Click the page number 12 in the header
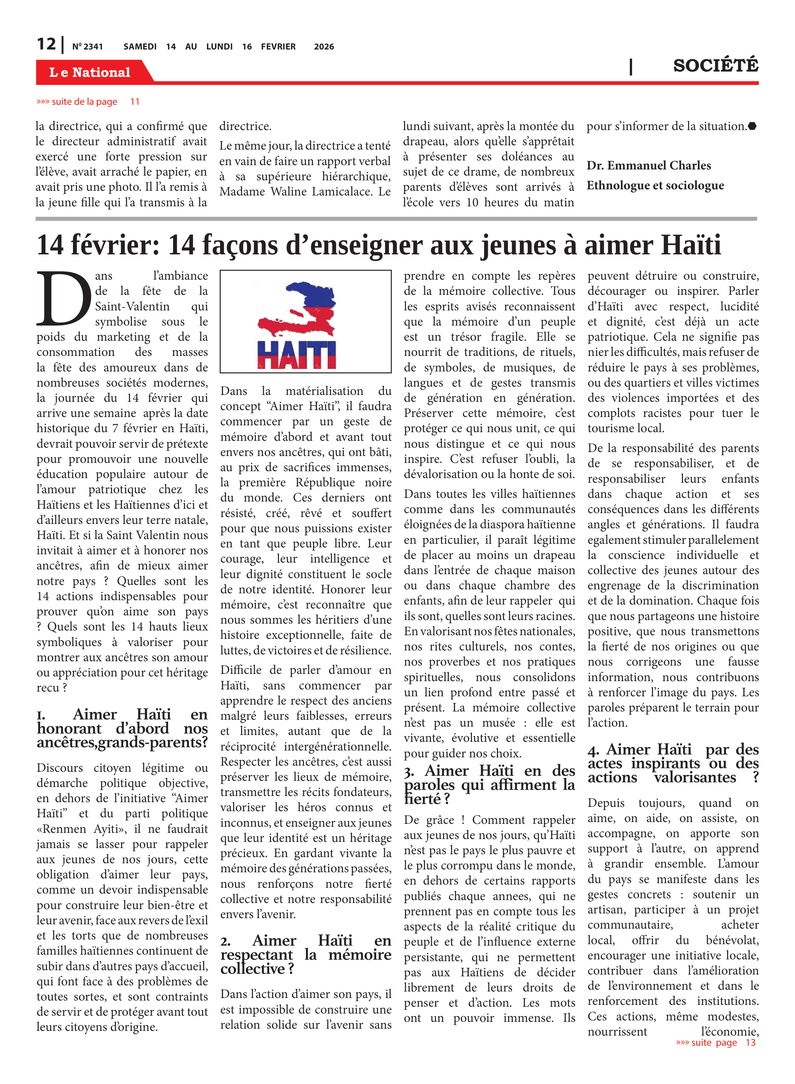46,44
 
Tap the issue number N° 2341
87,47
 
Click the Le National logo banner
90,72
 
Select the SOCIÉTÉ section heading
715,65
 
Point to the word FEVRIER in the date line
278,47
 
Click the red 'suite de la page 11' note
87,102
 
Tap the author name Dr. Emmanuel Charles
648,165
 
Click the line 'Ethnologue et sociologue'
655,185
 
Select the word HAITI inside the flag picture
296,354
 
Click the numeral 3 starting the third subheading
409,772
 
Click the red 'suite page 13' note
715,1042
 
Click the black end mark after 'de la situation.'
752,126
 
